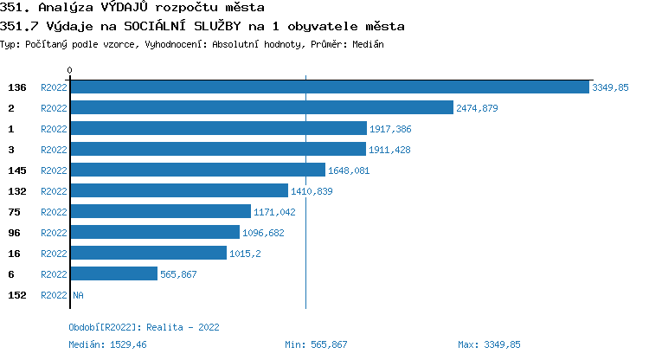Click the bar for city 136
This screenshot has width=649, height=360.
pos(330,87)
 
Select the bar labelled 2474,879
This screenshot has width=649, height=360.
pos(261,107)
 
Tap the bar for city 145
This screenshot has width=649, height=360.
pos(197,170)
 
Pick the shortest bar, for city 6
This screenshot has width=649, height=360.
pos(113,273)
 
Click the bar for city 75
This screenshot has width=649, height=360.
pos(160,211)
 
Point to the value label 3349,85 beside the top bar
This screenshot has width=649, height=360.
pos(610,87)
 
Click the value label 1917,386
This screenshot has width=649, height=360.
pos(390,129)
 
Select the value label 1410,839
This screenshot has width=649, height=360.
pos(312,191)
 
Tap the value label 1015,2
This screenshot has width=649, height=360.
pos(246,254)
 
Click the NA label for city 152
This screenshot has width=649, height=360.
pos(78,295)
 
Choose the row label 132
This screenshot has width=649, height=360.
pos(16,191)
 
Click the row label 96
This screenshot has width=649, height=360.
pos(13,233)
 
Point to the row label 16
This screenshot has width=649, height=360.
pos(13,254)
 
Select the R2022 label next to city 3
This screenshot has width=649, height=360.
pos(54,150)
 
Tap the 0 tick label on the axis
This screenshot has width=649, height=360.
pos(70,70)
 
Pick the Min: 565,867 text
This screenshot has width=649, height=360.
pos(316,344)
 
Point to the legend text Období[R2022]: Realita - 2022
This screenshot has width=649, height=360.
pos(144,327)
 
